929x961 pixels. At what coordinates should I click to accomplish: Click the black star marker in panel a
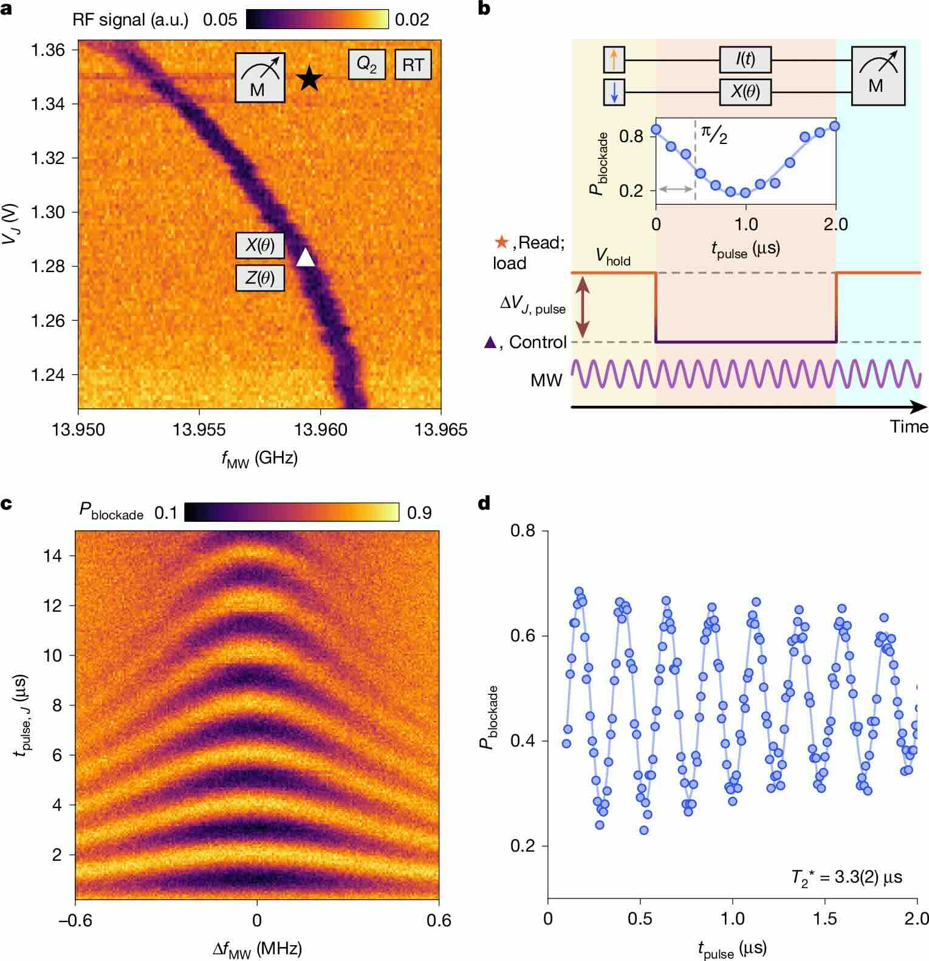coord(309,78)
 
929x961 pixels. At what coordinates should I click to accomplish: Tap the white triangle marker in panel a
coord(306,258)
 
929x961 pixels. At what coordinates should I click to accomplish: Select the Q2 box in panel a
coord(366,64)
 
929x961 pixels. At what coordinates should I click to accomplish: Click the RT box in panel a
coord(413,64)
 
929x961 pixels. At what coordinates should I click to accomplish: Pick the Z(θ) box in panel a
coord(260,279)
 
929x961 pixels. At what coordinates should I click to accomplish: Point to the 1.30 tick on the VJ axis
coord(50,213)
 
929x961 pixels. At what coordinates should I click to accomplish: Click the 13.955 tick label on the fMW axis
coord(199,430)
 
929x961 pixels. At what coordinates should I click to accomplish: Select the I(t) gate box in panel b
coord(745,60)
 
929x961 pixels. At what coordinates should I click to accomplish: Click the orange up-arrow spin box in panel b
coord(614,60)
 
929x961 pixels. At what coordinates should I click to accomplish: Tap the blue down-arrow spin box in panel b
coord(614,92)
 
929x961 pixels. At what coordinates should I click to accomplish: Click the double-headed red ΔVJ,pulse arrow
coord(583,307)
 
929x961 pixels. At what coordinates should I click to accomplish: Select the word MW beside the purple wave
coord(546,381)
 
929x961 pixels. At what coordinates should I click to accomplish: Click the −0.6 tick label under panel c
coord(75,920)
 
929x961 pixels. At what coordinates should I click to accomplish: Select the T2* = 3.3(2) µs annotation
coord(846,877)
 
